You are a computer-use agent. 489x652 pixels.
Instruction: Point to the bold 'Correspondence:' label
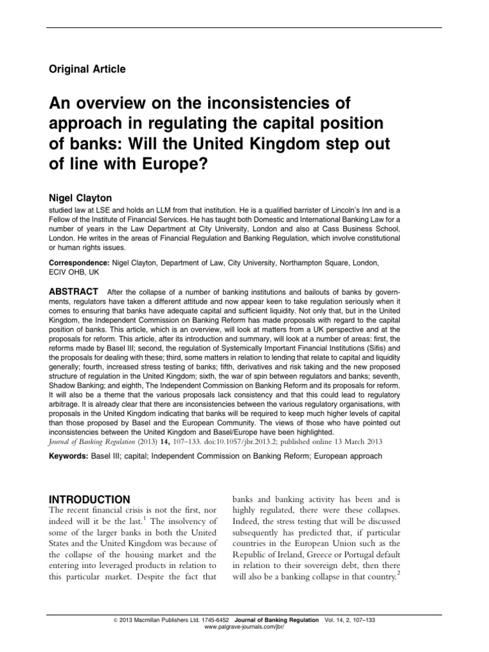click(x=80, y=262)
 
